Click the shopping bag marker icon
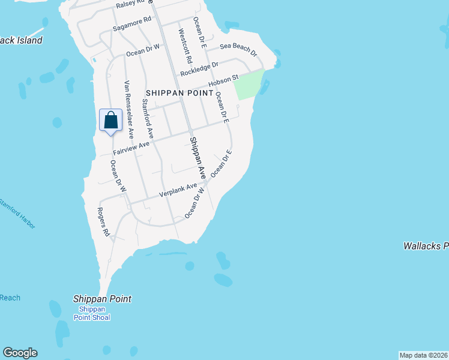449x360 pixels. point(111,121)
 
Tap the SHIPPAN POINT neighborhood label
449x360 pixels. point(179,93)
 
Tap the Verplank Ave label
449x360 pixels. point(178,191)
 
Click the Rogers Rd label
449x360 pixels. point(104,222)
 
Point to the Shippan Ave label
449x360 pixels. point(197,158)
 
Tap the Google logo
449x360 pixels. point(20,353)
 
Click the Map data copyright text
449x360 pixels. point(423,355)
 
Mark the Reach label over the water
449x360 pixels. point(10,298)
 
